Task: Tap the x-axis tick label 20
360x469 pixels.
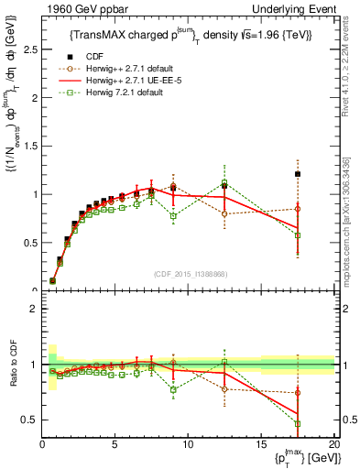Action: click(333, 445)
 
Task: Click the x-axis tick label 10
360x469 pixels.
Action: click(188, 445)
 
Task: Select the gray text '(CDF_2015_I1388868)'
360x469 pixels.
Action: click(189, 273)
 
